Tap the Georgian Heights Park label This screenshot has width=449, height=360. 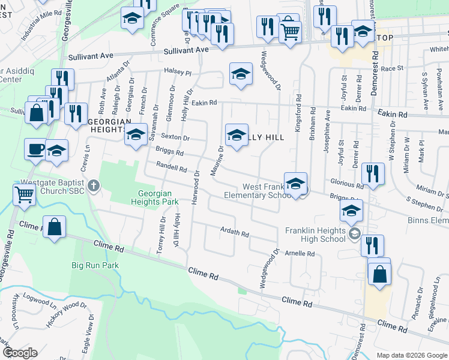(x=155, y=198)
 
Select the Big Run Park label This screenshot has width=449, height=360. (x=95, y=265)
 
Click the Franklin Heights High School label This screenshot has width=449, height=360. (x=315, y=235)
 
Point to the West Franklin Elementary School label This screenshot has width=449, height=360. (x=258, y=191)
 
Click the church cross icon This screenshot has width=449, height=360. (x=92, y=185)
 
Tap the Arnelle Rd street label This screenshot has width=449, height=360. (x=300, y=254)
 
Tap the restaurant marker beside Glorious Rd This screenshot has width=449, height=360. (x=373, y=174)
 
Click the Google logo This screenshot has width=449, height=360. (x=19, y=353)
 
